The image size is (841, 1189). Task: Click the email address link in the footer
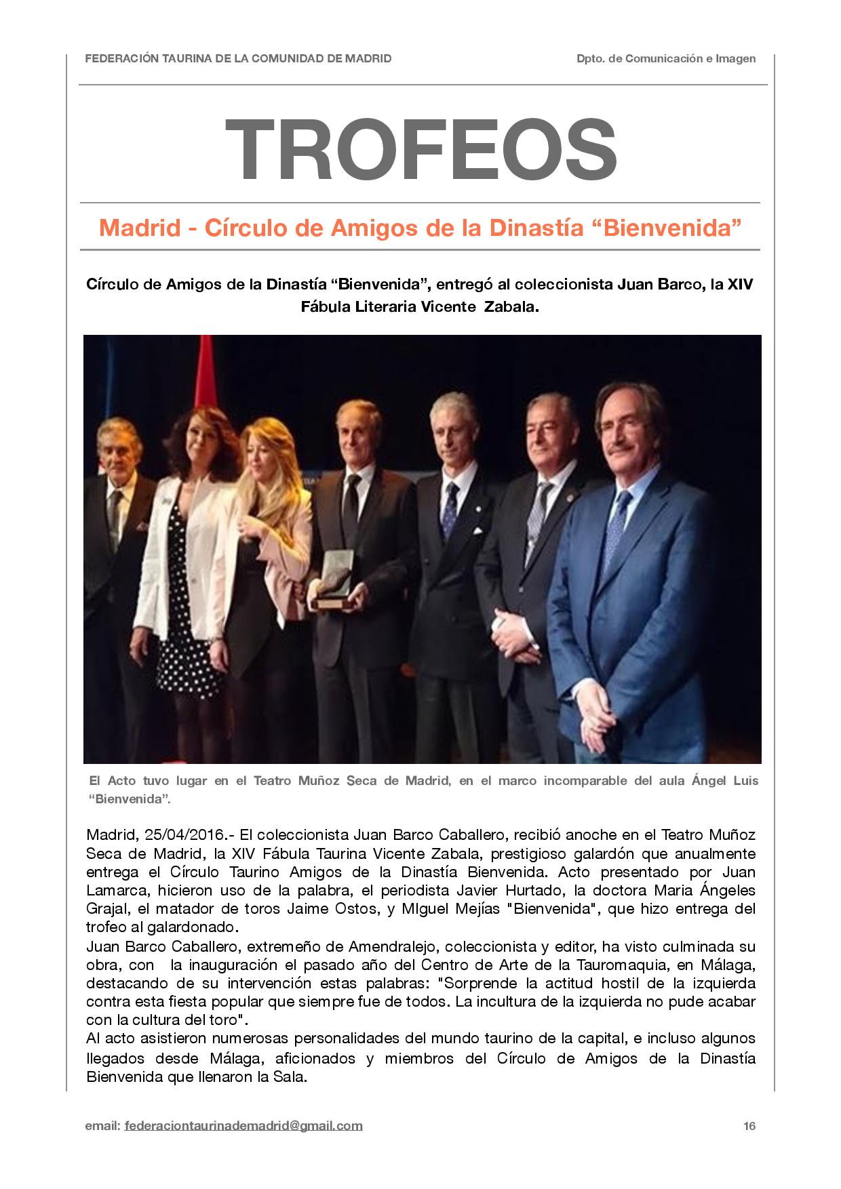click(243, 1126)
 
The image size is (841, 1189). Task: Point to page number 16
click(749, 1126)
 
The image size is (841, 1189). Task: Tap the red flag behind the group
click(204, 380)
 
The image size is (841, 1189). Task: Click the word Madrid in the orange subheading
click(139, 228)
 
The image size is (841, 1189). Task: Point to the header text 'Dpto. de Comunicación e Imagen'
click(666, 59)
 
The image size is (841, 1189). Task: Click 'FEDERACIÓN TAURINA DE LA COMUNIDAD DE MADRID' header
click(238, 59)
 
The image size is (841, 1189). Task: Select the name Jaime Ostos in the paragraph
click(336, 909)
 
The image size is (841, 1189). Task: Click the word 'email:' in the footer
click(102, 1126)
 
